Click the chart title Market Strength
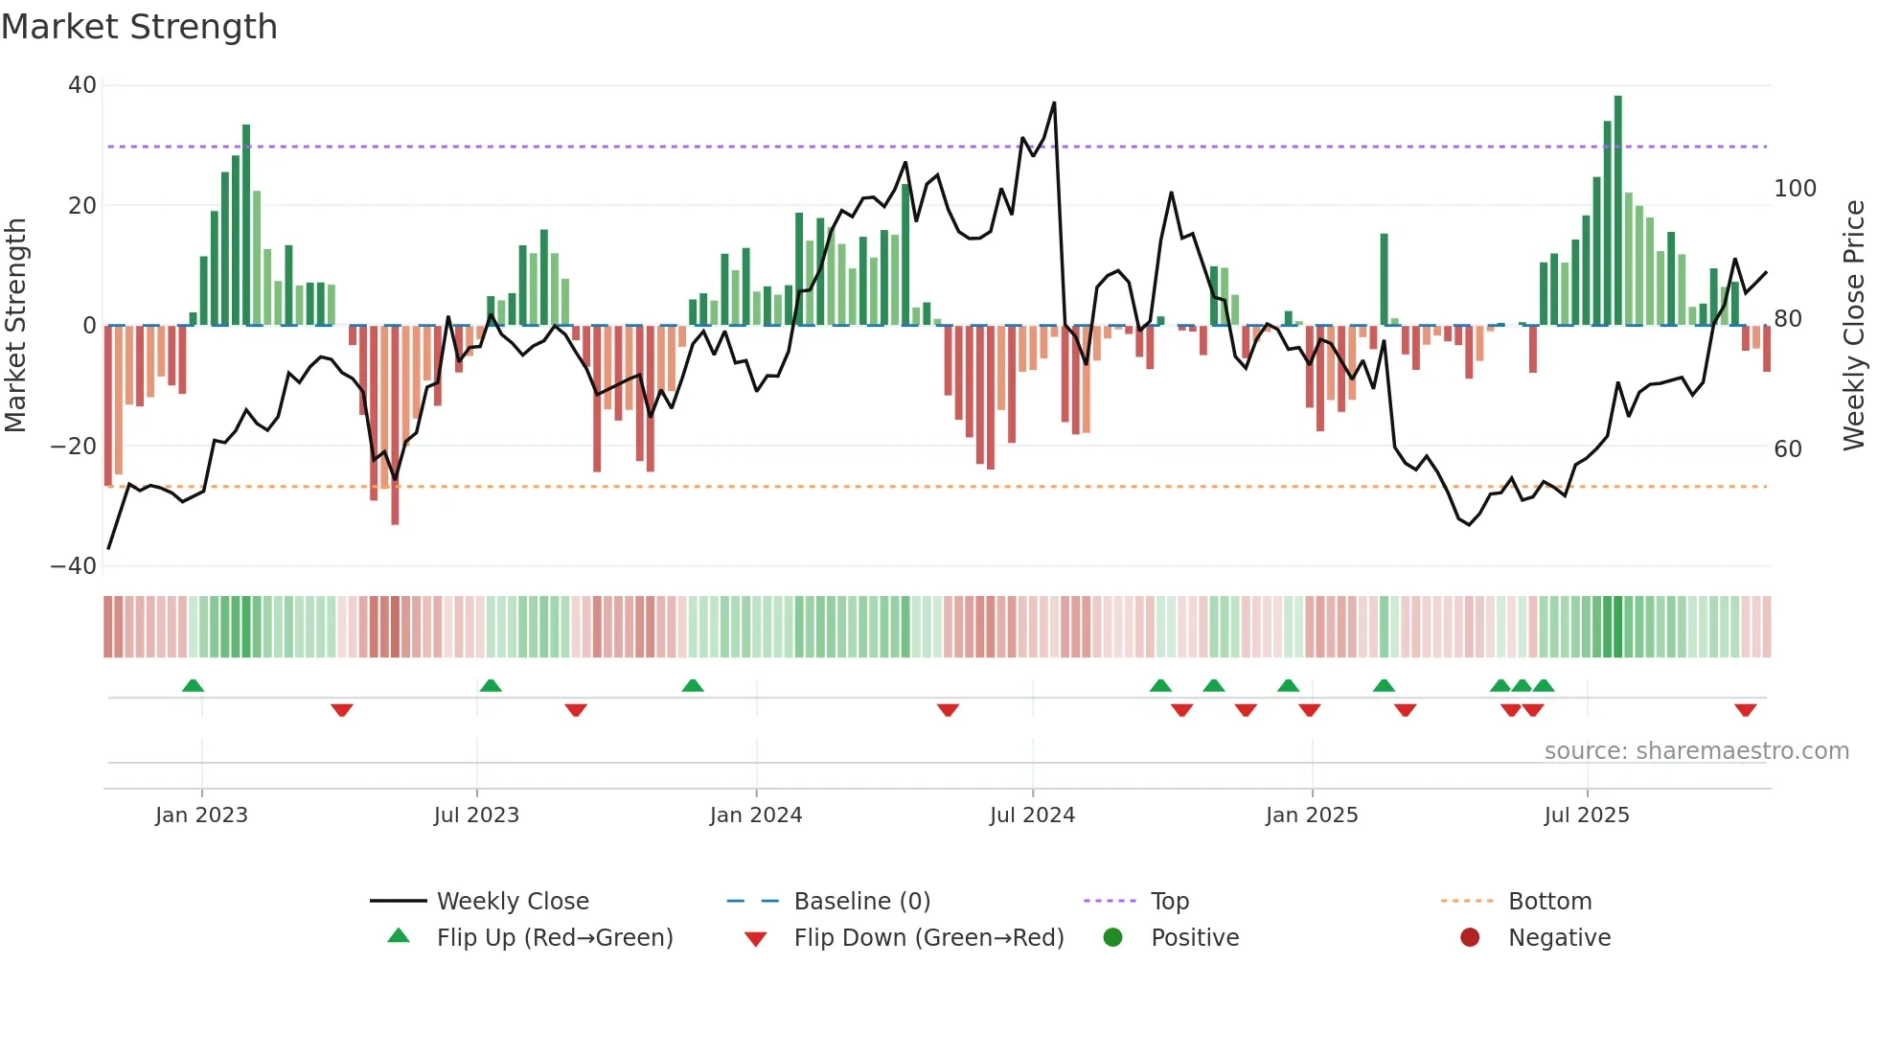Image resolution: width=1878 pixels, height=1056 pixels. [139, 27]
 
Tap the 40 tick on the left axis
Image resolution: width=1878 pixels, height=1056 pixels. [82, 85]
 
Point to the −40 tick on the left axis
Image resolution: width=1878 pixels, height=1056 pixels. [75, 566]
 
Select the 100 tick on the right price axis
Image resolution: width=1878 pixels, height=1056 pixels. [1795, 189]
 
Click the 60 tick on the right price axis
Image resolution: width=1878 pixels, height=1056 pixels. [1788, 449]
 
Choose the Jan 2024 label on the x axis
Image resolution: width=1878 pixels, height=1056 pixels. [756, 815]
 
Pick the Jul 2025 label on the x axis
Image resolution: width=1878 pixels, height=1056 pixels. [1587, 815]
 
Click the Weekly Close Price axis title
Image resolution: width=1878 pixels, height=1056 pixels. [1854, 326]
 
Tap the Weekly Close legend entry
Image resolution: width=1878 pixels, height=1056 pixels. [512, 902]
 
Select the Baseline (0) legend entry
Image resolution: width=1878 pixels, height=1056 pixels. [861, 902]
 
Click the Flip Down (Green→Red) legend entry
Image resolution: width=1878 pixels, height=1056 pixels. [928, 938]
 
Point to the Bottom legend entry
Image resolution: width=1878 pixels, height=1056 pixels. [1549, 902]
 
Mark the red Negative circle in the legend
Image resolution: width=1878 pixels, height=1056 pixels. [1470, 938]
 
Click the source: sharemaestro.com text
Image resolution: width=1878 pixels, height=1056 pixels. [1696, 751]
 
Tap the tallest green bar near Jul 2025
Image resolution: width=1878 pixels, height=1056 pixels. [1618, 211]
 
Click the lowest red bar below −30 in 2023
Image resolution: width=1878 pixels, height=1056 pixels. [395, 426]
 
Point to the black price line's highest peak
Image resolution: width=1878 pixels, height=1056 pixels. [1054, 103]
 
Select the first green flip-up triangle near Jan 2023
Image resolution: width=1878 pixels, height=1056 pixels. [193, 686]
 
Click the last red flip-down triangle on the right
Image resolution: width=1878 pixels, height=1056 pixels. [1745, 710]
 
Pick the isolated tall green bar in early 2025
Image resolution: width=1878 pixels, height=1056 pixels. [1384, 280]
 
